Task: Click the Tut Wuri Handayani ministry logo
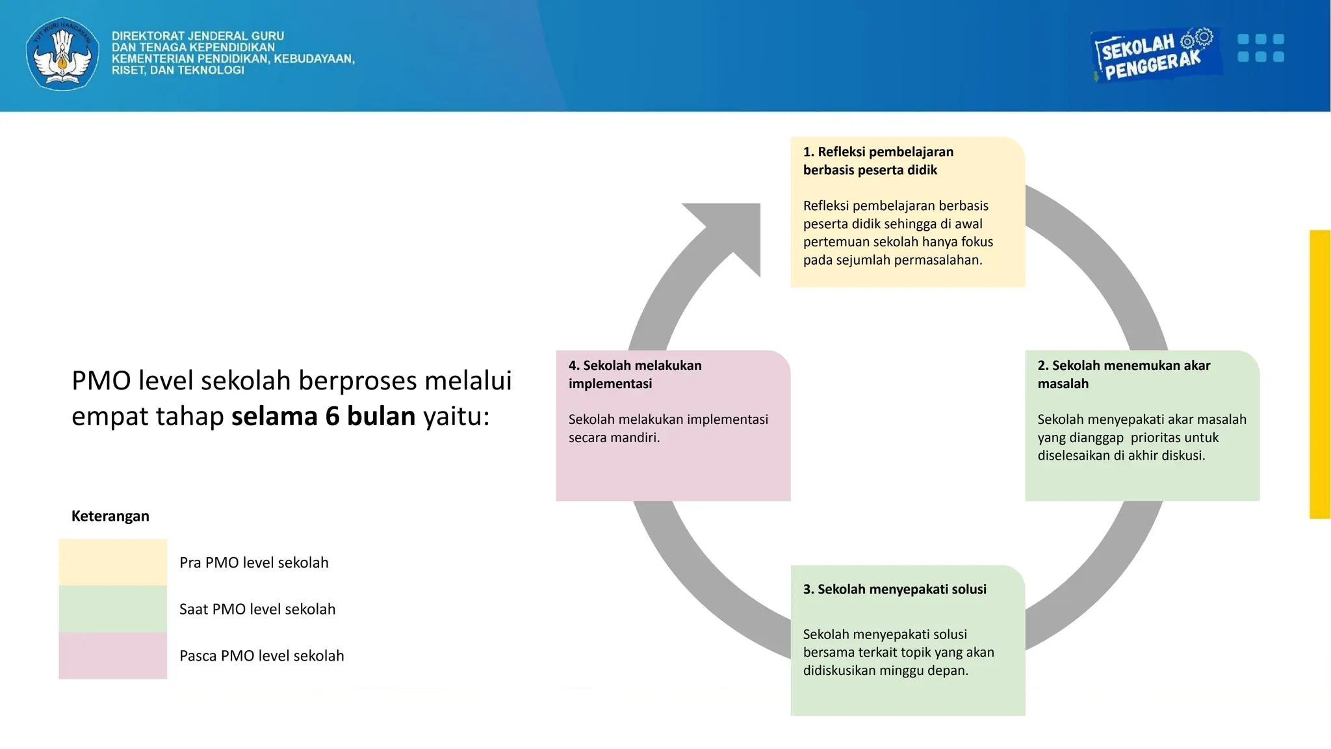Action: pos(62,54)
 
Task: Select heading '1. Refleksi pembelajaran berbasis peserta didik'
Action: pos(877,161)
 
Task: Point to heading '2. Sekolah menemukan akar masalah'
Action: pos(1123,374)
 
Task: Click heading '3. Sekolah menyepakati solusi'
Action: pos(894,590)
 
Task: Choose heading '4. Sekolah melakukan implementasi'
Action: pos(634,374)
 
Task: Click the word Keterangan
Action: pos(110,516)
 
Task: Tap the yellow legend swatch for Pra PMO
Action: pos(112,562)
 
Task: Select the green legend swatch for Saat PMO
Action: pos(112,609)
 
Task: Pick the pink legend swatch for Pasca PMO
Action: pos(112,656)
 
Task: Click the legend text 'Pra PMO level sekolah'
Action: pos(253,562)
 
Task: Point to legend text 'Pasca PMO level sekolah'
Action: pos(261,656)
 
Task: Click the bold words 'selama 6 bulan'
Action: pos(323,416)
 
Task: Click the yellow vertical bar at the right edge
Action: pos(1320,374)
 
